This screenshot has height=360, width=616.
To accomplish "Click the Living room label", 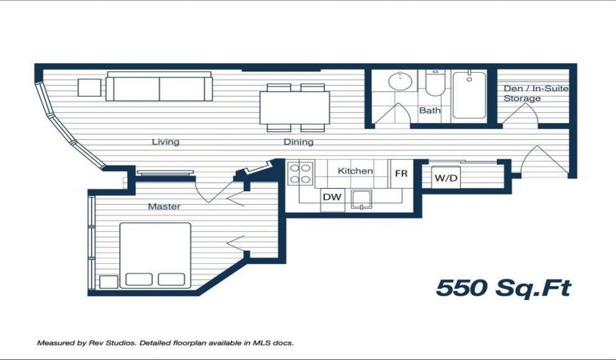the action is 166,142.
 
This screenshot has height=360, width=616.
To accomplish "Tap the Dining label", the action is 298,142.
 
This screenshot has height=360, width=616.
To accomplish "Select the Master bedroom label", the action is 164,206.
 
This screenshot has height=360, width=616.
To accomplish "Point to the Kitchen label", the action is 355,171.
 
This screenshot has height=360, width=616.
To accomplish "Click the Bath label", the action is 430,110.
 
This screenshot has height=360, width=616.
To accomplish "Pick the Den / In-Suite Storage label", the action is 536,94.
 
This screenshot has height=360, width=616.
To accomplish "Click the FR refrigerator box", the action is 401,174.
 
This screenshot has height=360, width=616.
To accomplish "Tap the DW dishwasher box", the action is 332,197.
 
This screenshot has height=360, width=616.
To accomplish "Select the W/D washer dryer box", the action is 446,178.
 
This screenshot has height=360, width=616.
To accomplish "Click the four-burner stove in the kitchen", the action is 301,174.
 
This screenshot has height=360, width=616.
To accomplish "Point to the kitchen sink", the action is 362,199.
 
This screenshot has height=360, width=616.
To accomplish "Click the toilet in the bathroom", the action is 435,83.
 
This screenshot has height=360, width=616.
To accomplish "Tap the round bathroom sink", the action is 400,81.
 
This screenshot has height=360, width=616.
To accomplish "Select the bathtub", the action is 470,94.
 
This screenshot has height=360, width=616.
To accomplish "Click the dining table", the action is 294,108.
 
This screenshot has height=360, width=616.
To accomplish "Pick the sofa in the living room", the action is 159,86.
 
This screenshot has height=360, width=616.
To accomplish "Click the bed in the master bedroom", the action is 155,255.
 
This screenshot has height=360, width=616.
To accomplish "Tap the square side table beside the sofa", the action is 89,88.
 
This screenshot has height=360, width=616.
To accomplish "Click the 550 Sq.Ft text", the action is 504,288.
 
